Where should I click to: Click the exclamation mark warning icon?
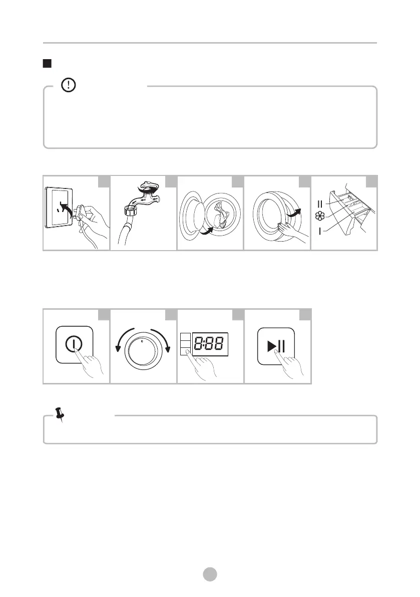(x=69, y=85)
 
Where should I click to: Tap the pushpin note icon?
(x=59, y=415)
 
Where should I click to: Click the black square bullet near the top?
(x=47, y=63)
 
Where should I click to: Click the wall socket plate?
(x=59, y=207)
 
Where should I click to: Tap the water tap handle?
(x=148, y=187)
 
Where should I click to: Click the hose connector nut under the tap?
(x=130, y=210)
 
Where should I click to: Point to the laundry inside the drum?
(x=220, y=215)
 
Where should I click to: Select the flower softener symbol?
(x=320, y=216)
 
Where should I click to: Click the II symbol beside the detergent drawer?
(x=320, y=204)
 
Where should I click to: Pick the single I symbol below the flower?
(x=320, y=231)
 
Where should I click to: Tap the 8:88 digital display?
(x=210, y=344)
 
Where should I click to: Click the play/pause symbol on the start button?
(x=276, y=346)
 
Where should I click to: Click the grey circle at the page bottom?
(x=210, y=574)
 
